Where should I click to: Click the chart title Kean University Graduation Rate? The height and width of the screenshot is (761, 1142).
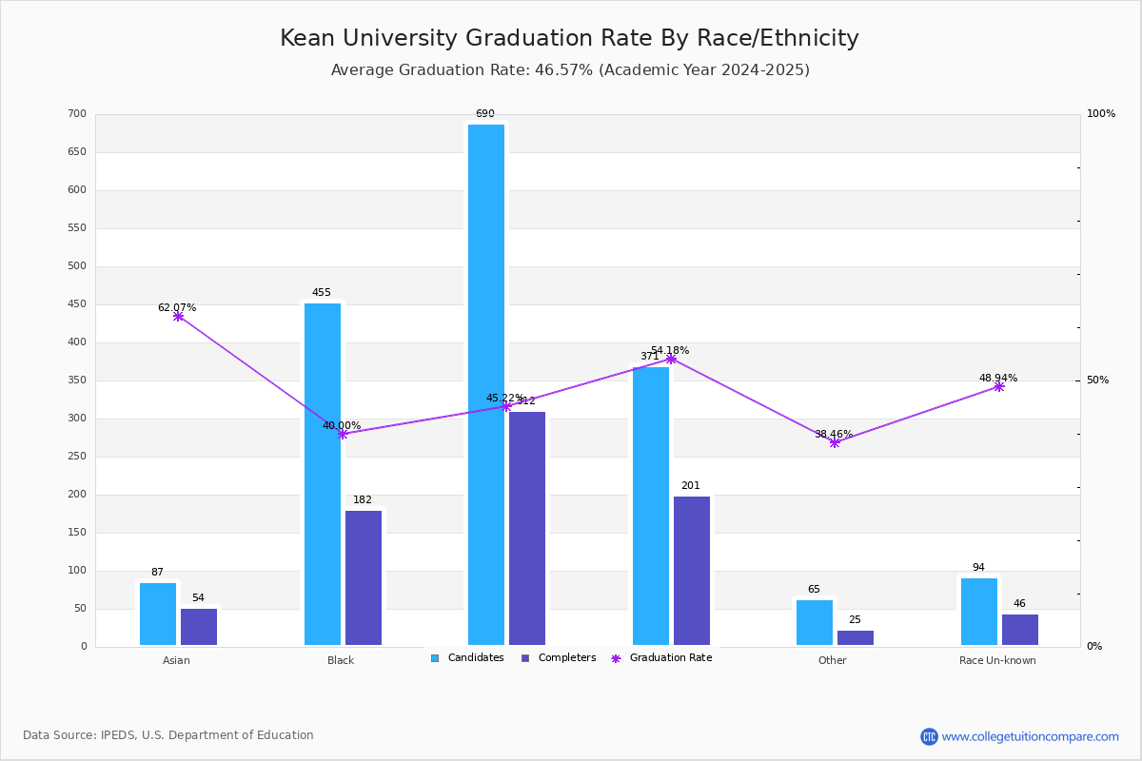pyautogui.click(x=569, y=38)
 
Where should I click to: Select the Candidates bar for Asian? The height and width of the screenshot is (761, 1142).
pyautogui.click(x=158, y=614)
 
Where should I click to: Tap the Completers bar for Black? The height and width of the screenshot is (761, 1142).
pyautogui.click(x=364, y=577)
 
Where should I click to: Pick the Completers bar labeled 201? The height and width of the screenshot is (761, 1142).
pyautogui.click(x=692, y=570)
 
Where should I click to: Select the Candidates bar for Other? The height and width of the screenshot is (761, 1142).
pyautogui.click(x=815, y=622)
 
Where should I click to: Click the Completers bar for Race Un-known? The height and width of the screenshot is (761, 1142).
pyautogui.click(x=1019, y=629)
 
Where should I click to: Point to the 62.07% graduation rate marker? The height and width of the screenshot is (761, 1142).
pyautogui.click(x=178, y=316)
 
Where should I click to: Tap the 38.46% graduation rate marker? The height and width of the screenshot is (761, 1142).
pyautogui.click(x=835, y=442)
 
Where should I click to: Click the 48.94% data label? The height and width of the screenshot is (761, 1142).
pyautogui.click(x=997, y=378)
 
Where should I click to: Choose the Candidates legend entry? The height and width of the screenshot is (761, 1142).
pyautogui.click(x=467, y=658)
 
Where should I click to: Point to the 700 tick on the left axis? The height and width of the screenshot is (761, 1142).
pyautogui.click(x=77, y=114)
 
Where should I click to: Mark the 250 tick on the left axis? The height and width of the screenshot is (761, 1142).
pyautogui.click(x=77, y=457)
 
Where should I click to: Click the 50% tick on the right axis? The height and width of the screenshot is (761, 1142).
pyautogui.click(x=1097, y=380)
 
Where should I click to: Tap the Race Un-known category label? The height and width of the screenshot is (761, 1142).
pyautogui.click(x=997, y=660)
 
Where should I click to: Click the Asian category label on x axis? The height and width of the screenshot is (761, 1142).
pyautogui.click(x=176, y=660)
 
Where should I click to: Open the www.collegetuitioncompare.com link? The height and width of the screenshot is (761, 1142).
pyautogui.click(x=1030, y=736)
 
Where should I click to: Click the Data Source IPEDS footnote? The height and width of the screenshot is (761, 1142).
pyautogui.click(x=168, y=735)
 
